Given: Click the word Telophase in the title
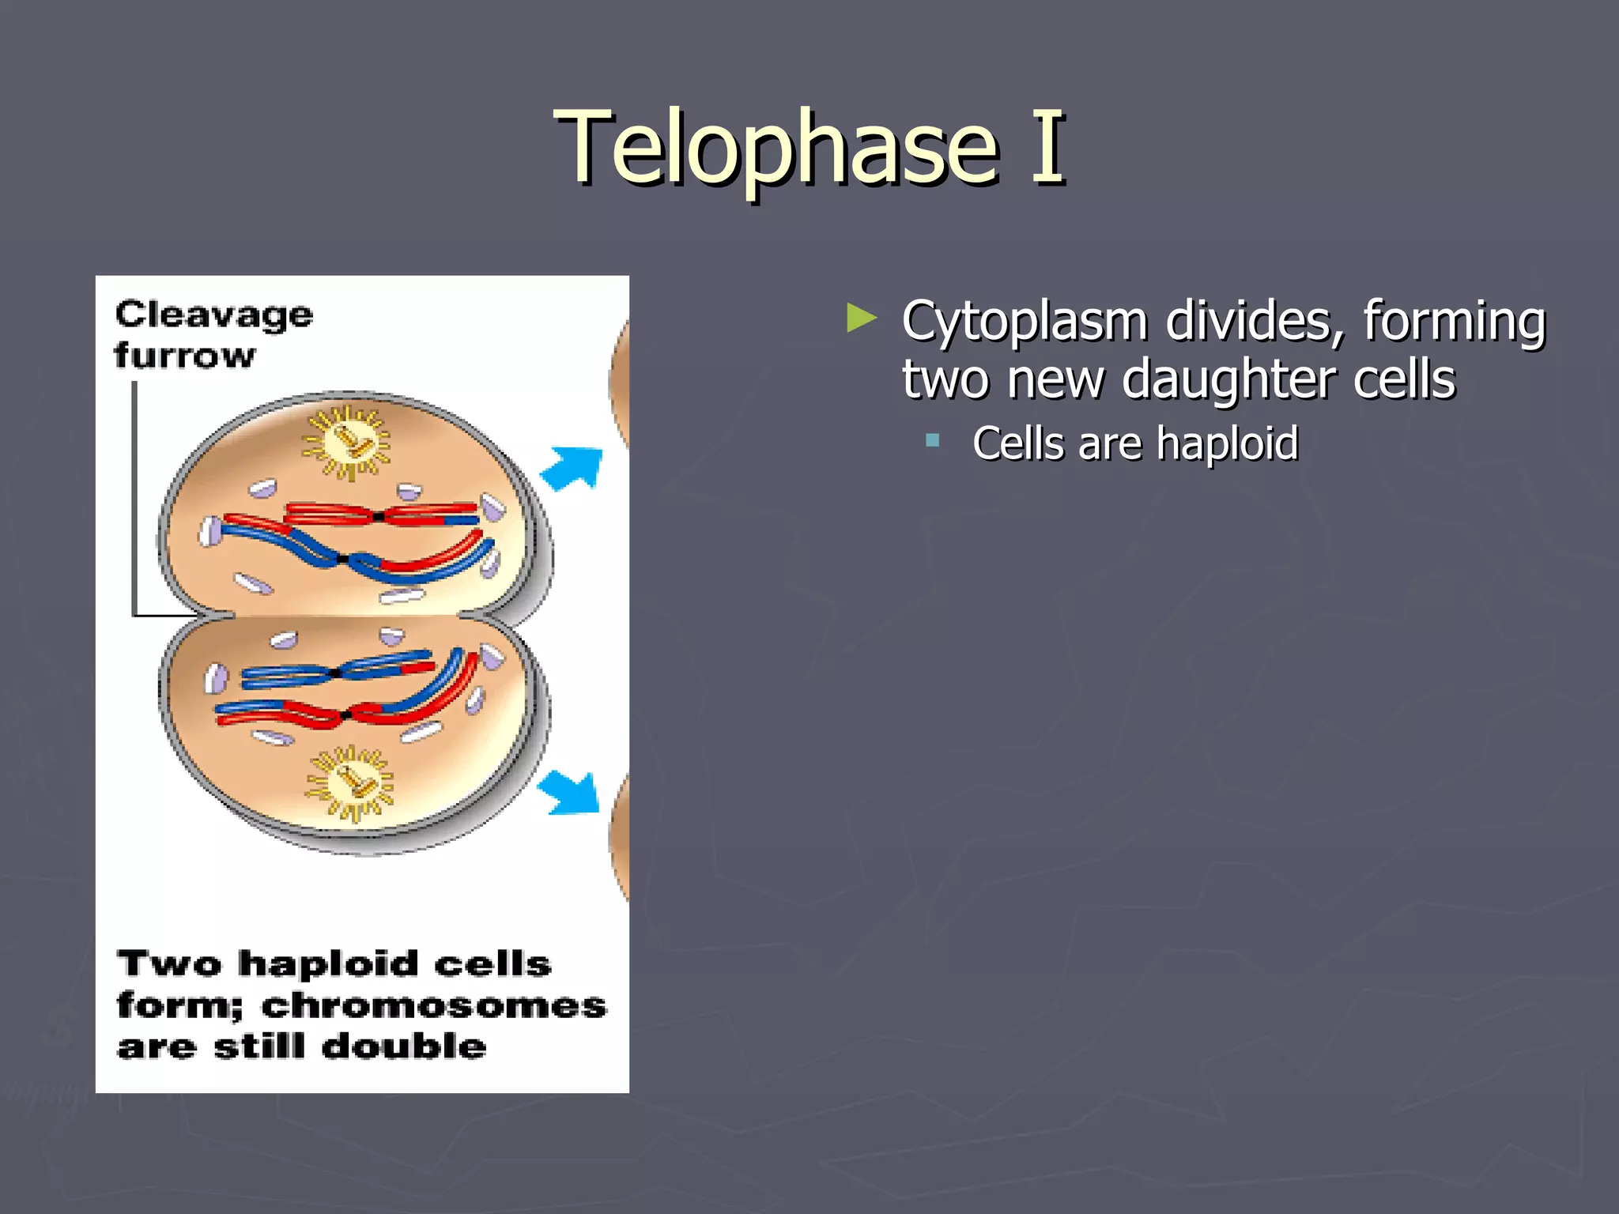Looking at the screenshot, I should pos(779,148).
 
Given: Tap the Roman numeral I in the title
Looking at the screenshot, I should pos(1048,148).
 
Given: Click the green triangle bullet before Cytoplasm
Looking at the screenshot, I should pos(861,319).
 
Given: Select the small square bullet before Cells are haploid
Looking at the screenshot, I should pos(933,440).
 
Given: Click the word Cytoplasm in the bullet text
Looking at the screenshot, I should pos(1025,322).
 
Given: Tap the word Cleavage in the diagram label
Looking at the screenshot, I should pos(214,315).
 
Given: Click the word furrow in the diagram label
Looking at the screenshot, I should pos(185,356).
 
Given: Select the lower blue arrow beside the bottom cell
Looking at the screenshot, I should pos(572,792).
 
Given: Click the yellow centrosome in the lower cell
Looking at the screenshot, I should pos(350,782).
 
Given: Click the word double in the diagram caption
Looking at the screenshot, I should pos(404,1046).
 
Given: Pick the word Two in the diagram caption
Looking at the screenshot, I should pos(169,964).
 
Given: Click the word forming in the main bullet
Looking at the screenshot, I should pos(1454,322).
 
